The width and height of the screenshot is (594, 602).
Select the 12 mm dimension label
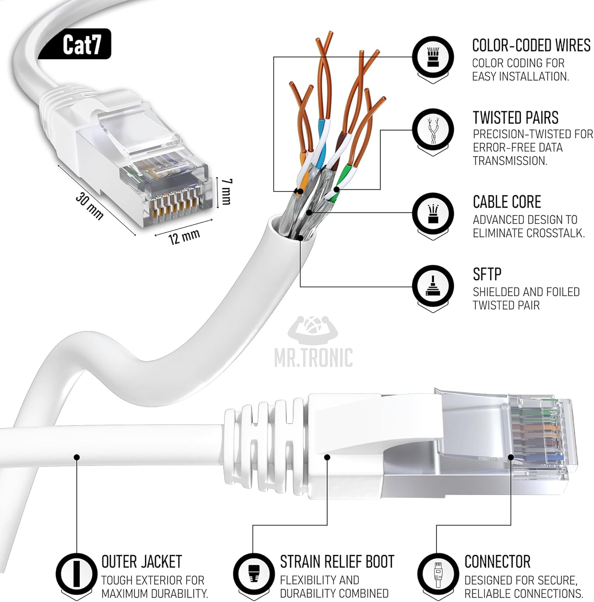184,237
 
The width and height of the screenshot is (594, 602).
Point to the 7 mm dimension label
226,191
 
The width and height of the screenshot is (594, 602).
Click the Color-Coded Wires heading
531,46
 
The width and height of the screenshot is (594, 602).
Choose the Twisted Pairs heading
515,118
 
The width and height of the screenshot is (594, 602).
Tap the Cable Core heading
507,202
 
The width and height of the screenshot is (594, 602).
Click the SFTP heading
487,274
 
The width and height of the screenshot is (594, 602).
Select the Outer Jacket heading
141,561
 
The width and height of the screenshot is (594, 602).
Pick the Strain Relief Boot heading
337,561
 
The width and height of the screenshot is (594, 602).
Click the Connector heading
497,561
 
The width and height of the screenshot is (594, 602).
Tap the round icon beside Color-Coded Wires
433,57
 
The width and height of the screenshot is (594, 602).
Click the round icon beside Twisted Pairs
433,129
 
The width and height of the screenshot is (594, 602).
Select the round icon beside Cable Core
433,213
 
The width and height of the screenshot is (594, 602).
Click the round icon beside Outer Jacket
76,572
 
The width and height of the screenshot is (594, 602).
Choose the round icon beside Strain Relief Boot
253,572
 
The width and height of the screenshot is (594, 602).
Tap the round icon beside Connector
437,572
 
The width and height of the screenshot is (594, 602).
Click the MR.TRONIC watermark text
313,358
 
